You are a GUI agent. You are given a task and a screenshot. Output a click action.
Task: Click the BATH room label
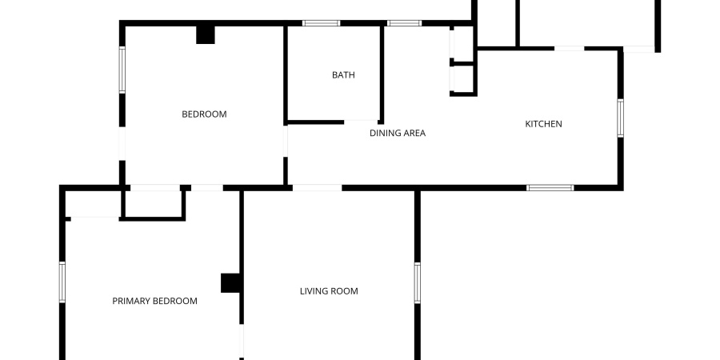(x=343, y=75)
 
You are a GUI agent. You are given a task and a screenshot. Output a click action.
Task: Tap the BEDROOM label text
(x=204, y=114)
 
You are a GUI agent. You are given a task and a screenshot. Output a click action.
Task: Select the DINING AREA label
(x=398, y=133)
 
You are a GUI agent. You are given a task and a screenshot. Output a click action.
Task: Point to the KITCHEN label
(x=544, y=124)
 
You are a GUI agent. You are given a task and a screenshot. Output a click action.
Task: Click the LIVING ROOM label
(x=329, y=291)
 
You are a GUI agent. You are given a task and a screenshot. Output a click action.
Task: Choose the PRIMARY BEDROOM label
(x=154, y=302)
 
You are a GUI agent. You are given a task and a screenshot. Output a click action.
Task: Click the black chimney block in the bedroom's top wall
(x=206, y=35)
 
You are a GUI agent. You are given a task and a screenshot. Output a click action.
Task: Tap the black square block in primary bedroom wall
(x=231, y=283)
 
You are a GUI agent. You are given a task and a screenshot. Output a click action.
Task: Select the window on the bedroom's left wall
(x=122, y=70)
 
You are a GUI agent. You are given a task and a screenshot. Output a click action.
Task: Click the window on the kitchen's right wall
(x=620, y=118)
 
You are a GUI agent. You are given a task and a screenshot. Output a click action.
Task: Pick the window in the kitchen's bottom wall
(x=550, y=188)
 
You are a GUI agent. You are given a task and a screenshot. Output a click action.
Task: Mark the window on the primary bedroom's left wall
(x=62, y=282)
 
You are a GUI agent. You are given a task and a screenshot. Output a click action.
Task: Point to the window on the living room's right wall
(x=417, y=282)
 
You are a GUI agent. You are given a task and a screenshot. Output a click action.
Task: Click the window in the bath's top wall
(x=321, y=23)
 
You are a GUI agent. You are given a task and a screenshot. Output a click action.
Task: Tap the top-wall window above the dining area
(x=404, y=23)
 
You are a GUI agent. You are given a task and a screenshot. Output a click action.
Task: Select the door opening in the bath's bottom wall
(x=361, y=122)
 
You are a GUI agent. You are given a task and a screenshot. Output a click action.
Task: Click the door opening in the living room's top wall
(x=318, y=188)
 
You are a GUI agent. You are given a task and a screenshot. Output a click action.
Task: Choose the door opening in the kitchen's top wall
(x=570, y=48)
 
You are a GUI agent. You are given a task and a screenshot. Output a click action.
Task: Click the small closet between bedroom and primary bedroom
(x=154, y=203)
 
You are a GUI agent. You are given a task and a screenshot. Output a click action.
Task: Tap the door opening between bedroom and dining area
(x=285, y=141)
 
